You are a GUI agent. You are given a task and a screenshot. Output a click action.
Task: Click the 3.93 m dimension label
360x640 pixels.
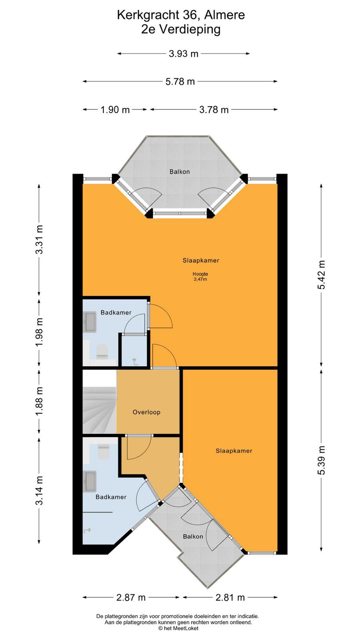[x=184, y=54]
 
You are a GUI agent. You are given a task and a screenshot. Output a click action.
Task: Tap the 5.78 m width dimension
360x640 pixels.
[x=180, y=82]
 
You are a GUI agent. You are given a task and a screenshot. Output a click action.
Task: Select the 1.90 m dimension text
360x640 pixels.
[x=115, y=110]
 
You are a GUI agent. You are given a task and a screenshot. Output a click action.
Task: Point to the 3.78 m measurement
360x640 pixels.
[x=214, y=110]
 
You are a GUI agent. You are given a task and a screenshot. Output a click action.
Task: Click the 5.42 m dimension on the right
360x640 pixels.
[x=322, y=275]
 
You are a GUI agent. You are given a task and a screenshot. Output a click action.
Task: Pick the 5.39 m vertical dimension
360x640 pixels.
[x=322, y=460]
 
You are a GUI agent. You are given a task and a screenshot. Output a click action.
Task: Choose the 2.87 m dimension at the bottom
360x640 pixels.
[x=131, y=597]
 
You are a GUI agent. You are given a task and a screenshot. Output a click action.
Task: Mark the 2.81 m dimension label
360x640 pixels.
[x=230, y=597]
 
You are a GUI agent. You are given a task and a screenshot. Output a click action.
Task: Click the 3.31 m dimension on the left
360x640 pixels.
[x=39, y=240]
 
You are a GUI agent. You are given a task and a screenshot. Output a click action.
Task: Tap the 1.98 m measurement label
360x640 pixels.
[x=39, y=332]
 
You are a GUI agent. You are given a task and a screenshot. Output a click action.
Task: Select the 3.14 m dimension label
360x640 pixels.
[x=39, y=490]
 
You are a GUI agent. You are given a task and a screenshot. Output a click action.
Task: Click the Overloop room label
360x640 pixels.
[x=146, y=412]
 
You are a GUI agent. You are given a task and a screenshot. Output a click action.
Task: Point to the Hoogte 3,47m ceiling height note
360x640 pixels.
[x=200, y=276]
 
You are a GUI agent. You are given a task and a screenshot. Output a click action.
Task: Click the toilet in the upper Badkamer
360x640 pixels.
[x=102, y=351]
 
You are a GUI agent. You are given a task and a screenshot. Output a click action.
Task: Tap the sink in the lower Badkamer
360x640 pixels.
[x=90, y=481]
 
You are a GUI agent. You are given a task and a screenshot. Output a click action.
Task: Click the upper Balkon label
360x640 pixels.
[x=180, y=172]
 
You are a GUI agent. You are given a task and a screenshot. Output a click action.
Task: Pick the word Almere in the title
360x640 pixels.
[x=224, y=15]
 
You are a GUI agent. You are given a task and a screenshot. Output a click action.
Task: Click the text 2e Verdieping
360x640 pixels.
[x=181, y=30]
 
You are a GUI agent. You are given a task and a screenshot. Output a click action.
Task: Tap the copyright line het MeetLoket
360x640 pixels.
[x=178, y=628]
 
